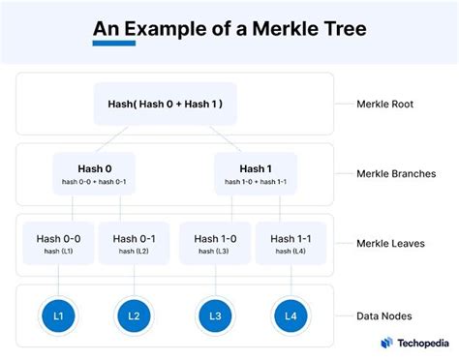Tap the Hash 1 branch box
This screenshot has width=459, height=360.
pyautogui.click(x=257, y=172)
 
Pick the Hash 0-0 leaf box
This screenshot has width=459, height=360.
pyautogui.click(x=58, y=243)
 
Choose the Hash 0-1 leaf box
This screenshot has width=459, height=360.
pyautogui.click(x=136, y=243)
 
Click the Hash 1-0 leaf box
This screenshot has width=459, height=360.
pyautogui.click(x=215, y=243)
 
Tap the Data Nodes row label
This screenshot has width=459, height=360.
pyautogui.click(x=385, y=315)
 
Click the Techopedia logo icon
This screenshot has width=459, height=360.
pyautogui.click(x=386, y=343)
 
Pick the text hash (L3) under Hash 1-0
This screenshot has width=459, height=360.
pyautogui.click(x=215, y=251)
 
